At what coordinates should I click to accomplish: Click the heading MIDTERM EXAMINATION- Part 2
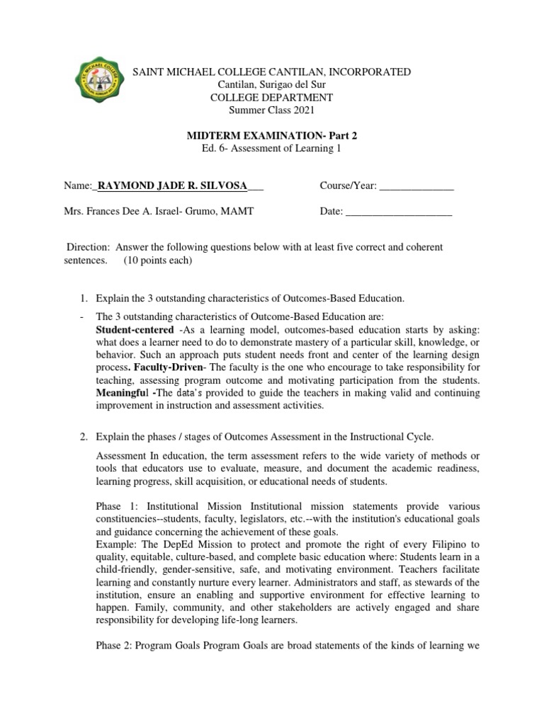pos(272,135)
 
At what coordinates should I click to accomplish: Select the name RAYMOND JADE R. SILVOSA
pos(172,186)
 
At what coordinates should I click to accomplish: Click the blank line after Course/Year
pos(416,186)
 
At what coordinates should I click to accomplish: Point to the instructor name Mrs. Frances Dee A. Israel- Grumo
pos(153,211)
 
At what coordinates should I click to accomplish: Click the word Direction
pos(88,247)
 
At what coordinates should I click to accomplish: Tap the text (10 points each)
pos(157,260)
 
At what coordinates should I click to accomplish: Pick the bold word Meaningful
pos(121,393)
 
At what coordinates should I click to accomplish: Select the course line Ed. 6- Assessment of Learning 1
pos(272,147)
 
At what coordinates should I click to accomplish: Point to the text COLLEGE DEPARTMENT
pos(272,97)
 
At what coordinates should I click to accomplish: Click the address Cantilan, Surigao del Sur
pos(272,85)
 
